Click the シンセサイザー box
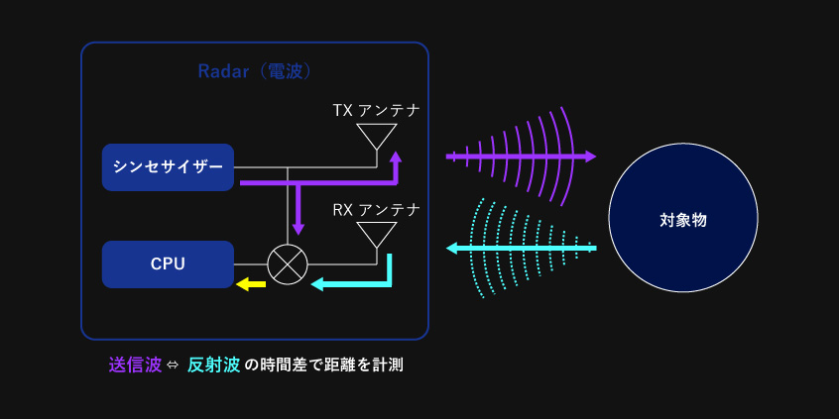click(x=168, y=167)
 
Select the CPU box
click(x=168, y=264)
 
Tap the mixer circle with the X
click(x=288, y=264)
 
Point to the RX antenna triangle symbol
click(x=377, y=235)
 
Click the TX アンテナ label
click(x=376, y=111)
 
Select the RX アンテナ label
click(x=376, y=210)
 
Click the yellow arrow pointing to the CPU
click(x=251, y=284)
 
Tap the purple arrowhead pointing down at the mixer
click(x=299, y=228)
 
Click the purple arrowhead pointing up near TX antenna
click(x=395, y=157)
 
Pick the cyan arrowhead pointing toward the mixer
click(x=317, y=283)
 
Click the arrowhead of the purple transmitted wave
click(x=590, y=157)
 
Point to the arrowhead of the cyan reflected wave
click(x=452, y=248)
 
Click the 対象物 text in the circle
click(x=683, y=220)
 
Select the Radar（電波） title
click(x=255, y=71)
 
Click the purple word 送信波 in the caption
click(x=135, y=366)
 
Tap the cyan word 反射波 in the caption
click(x=213, y=366)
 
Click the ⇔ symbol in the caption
click(x=175, y=367)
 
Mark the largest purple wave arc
click(x=567, y=157)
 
